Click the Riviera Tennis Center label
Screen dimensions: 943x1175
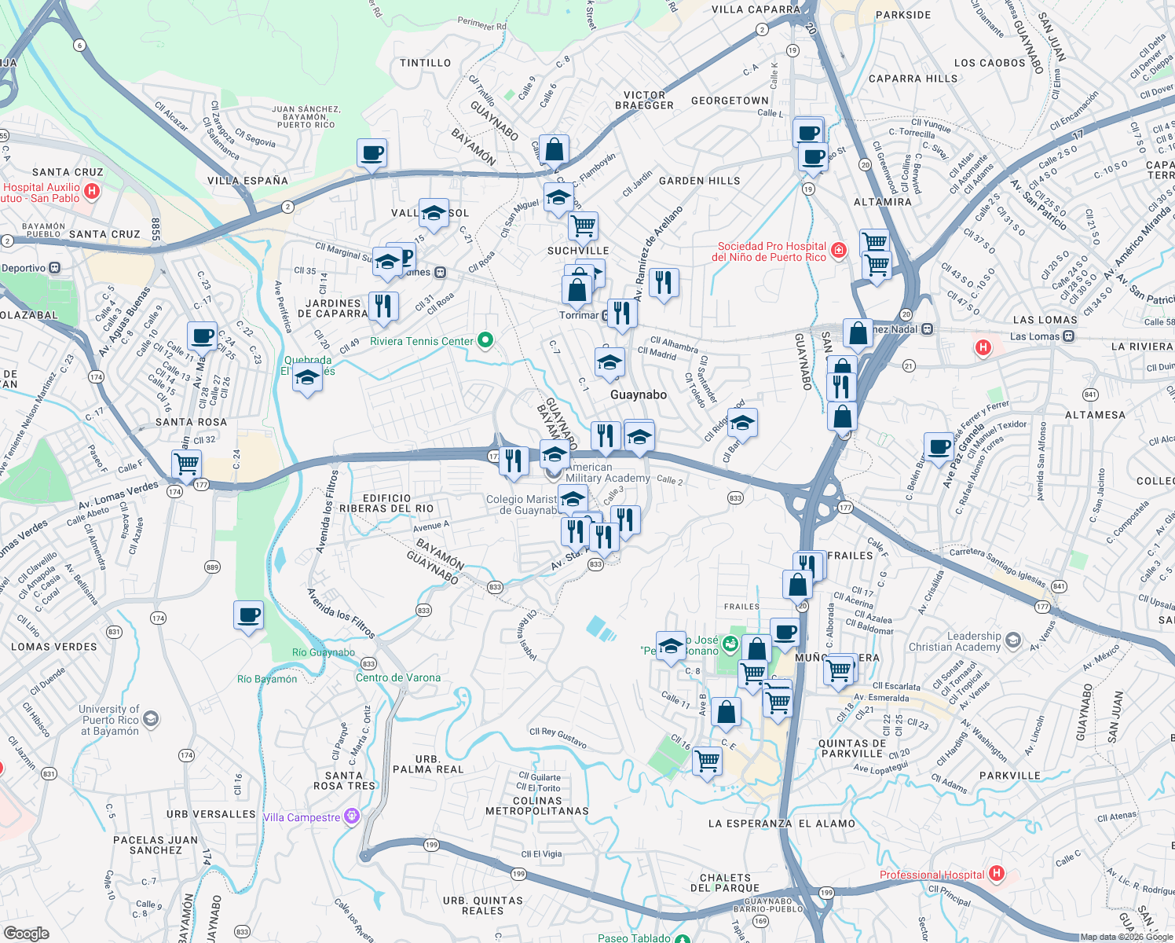pyautogui.click(x=422, y=341)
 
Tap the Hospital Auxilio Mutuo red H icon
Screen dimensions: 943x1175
pyautogui.click(x=92, y=191)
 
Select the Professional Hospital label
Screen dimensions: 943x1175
pyautogui.click(x=932, y=875)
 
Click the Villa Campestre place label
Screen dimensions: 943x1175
pyautogui.click(x=302, y=817)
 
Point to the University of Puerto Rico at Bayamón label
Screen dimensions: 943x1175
pyautogui.click(x=109, y=720)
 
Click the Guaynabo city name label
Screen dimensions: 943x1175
pyautogui.click(x=639, y=394)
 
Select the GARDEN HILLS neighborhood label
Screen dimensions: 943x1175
pyautogui.click(x=699, y=181)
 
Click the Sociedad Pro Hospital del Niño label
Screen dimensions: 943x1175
pyautogui.click(x=771, y=251)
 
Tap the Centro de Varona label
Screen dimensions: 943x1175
pyautogui.click(x=398, y=677)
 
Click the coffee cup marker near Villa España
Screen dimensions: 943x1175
pyautogui.click(x=372, y=153)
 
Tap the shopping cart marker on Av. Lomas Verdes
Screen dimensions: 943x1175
pyautogui.click(x=186, y=464)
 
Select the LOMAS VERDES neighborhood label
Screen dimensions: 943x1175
pyautogui.click(x=54, y=647)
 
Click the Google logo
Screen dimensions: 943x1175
pyautogui.click(x=26, y=933)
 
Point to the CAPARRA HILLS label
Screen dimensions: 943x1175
pyautogui.click(x=913, y=79)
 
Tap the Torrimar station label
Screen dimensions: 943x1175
pyautogui.click(x=579, y=315)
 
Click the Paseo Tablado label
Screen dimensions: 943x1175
pyautogui.click(x=634, y=937)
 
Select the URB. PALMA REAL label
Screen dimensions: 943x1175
pyautogui.click(x=428, y=764)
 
